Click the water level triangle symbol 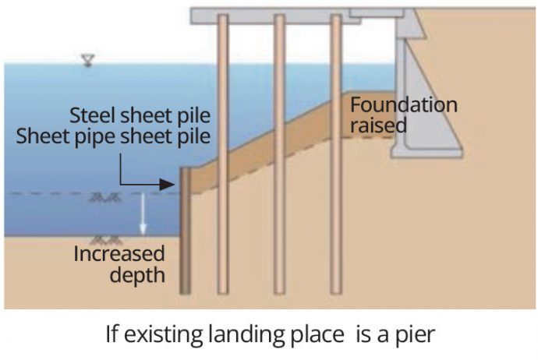click(87, 60)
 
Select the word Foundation click(403, 105)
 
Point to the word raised click(379, 125)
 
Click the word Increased click(119, 254)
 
